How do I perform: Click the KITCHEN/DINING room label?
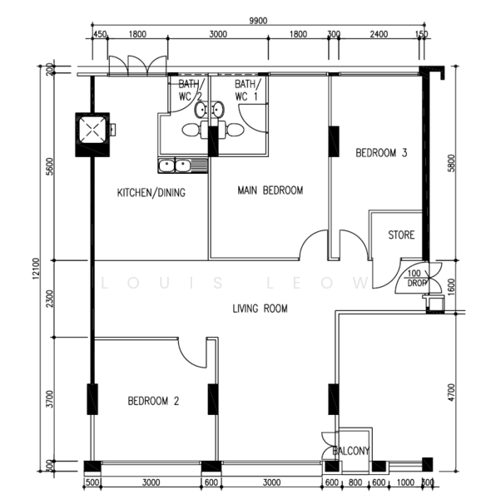[151, 193]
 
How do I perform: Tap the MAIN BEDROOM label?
[270, 190]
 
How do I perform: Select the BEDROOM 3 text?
[381, 153]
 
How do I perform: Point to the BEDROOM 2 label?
[153, 401]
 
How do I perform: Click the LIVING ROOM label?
[260, 309]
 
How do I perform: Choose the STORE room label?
[401, 235]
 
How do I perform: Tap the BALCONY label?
[350, 451]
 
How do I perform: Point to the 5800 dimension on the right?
[452, 162]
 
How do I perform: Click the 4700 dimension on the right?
[452, 391]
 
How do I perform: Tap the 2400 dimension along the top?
[378, 35]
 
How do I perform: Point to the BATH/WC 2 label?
[190, 91]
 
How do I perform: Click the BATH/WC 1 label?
[247, 91]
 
